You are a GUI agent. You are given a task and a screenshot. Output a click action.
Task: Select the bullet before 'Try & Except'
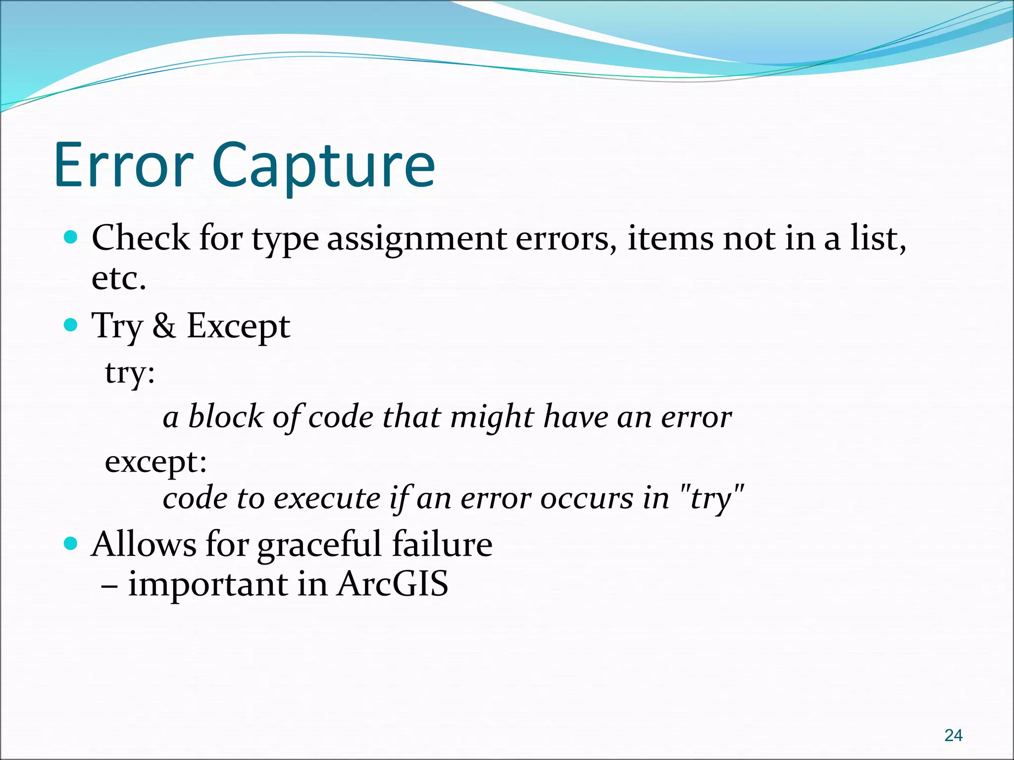71,325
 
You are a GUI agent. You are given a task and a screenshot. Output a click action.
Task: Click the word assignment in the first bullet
417,239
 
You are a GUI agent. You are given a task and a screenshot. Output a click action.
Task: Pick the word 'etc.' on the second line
119,278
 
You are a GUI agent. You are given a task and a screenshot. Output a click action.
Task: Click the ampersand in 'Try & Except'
164,326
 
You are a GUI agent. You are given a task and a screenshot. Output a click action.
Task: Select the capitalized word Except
238,327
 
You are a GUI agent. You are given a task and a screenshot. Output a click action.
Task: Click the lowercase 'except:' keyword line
155,462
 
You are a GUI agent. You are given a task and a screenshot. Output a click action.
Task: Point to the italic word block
226,416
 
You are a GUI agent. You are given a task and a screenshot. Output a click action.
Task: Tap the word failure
442,544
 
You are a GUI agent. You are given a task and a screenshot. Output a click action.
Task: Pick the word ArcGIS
392,584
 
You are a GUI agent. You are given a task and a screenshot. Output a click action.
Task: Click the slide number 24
953,736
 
